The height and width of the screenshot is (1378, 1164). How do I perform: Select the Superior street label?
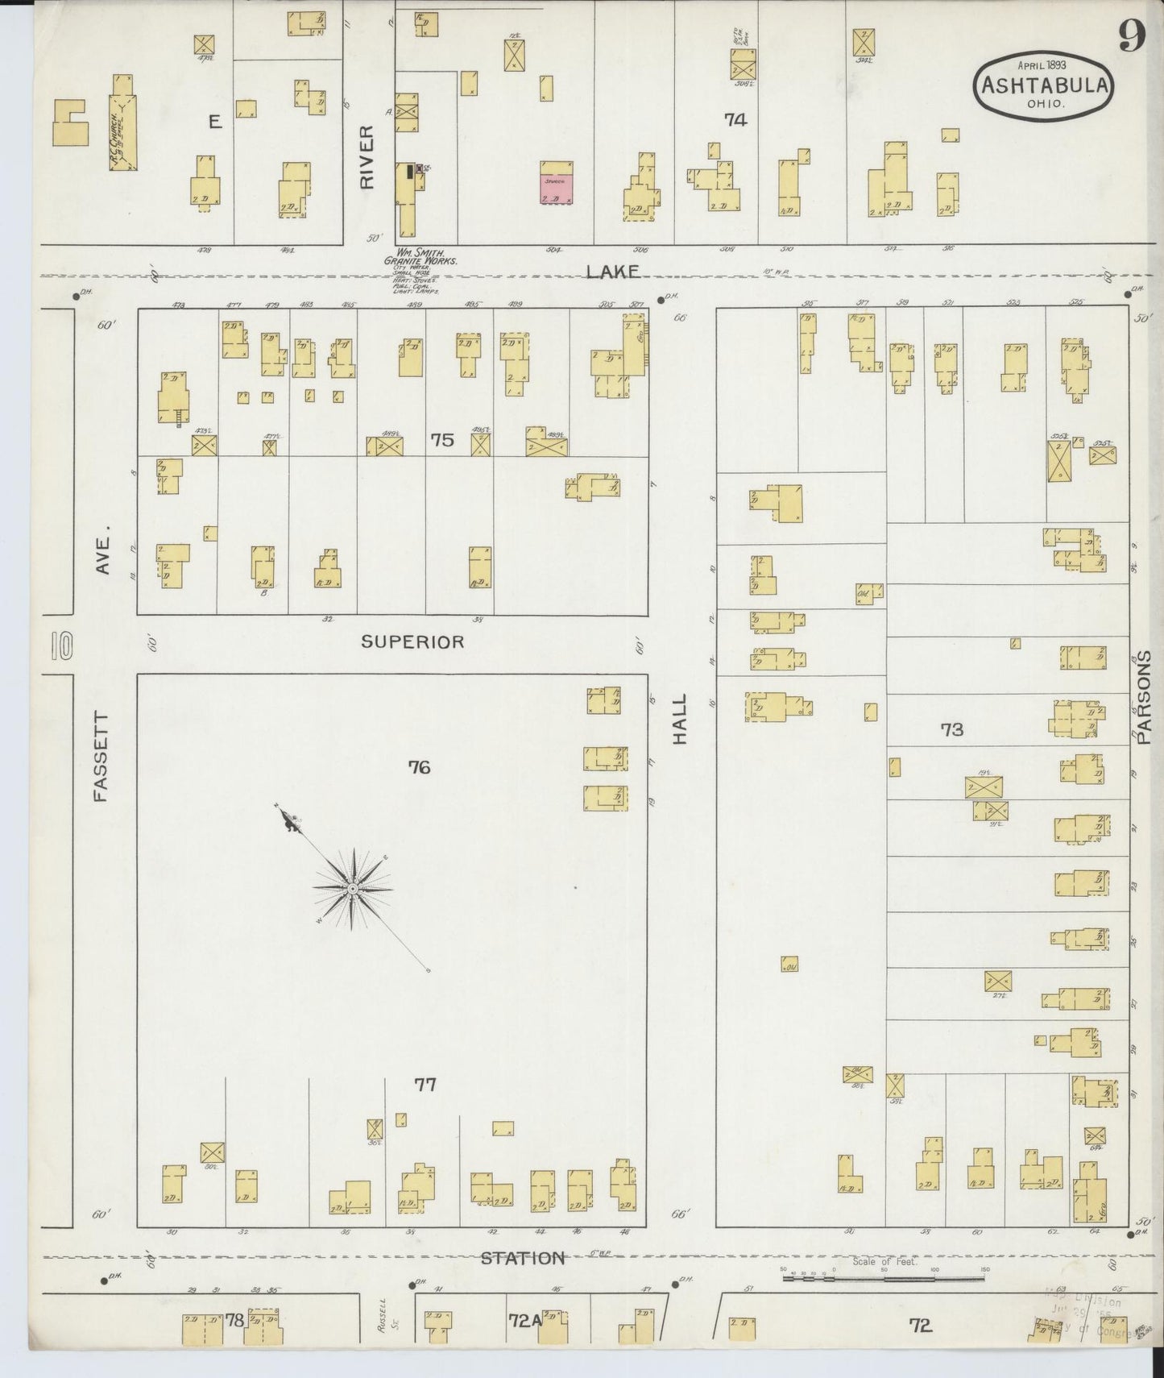[412, 641]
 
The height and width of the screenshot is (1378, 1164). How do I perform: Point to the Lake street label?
[613, 272]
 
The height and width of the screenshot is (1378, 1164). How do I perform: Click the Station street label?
[523, 1258]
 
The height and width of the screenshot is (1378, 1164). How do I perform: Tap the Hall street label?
[680, 719]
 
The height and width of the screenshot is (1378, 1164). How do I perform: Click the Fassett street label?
[101, 756]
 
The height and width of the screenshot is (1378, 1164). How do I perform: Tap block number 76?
[419, 767]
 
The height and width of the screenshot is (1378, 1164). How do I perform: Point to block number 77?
[425, 1085]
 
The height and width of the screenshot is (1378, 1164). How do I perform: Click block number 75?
[442, 440]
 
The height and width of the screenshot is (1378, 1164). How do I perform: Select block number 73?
[951, 729]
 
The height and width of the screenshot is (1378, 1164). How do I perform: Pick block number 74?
[735, 120]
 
